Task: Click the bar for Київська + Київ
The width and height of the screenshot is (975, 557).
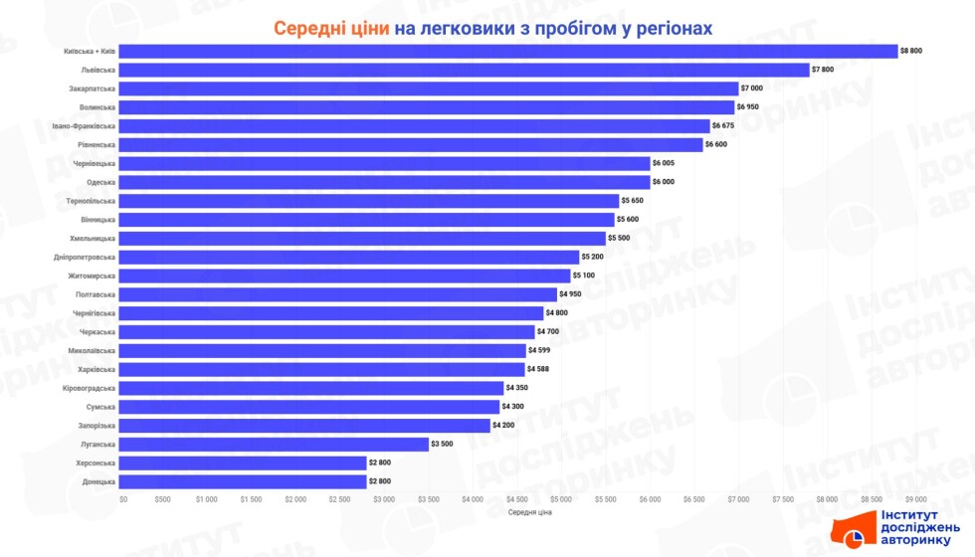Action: point(508,51)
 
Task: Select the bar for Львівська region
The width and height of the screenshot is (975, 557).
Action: point(465,70)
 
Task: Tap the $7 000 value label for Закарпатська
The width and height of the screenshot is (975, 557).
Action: point(752,89)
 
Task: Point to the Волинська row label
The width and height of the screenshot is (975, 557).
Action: point(97,107)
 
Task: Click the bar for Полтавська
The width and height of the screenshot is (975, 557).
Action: point(338,294)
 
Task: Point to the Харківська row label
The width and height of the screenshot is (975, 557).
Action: point(97,369)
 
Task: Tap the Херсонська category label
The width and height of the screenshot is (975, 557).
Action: point(96,463)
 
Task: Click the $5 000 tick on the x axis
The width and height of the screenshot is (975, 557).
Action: point(561,499)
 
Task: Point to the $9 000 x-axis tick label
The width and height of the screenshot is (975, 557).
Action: point(915,499)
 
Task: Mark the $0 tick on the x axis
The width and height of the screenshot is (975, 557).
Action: point(123,499)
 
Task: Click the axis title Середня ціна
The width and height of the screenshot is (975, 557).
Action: point(528,513)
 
